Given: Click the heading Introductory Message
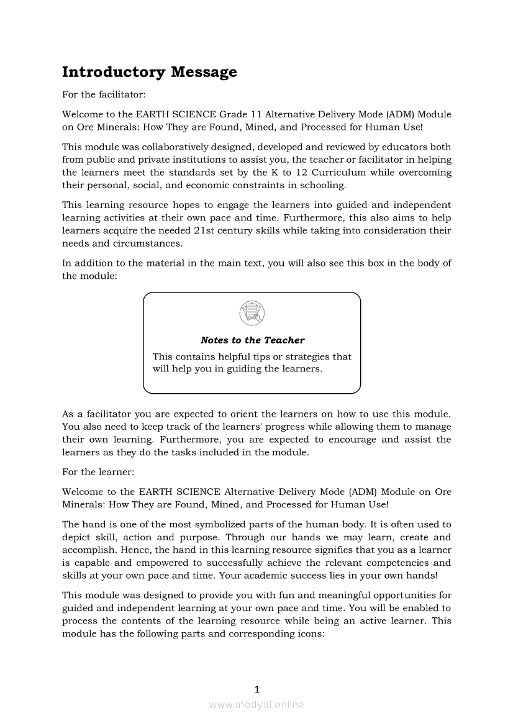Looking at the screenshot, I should click(x=149, y=72).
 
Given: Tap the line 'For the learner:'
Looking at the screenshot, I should click(x=98, y=472).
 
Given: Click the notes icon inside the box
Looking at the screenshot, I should click(x=252, y=312).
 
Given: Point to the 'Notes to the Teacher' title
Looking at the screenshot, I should click(x=252, y=340).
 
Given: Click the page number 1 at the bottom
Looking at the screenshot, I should click(x=256, y=689).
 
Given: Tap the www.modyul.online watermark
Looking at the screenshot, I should click(x=256, y=704).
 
